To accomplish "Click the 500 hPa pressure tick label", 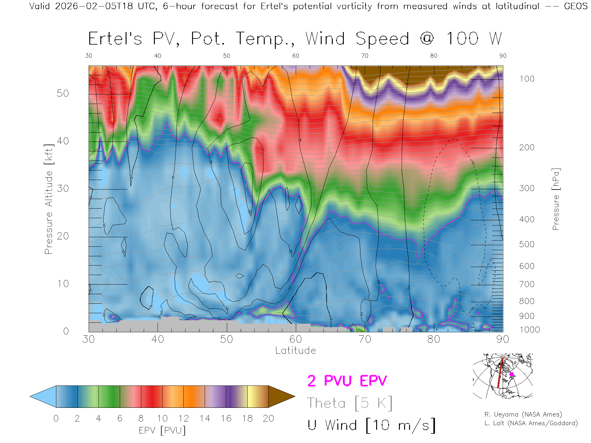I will [x=527, y=244].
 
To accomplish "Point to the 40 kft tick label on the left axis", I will [x=62, y=141].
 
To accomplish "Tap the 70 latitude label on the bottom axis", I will [x=364, y=339].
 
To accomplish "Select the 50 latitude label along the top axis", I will [x=227, y=56].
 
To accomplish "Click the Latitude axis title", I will [x=295, y=350].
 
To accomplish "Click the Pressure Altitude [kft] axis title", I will [x=49, y=199].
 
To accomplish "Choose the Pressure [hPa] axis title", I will [x=556, y=199].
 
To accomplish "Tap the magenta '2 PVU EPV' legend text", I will [x=347, y=381].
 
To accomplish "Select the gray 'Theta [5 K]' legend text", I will [x=350, y=403].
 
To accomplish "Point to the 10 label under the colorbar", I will [x=162, y=418].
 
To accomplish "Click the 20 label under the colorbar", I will [x=268, y=418].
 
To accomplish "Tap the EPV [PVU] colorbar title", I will [x=162, y=430].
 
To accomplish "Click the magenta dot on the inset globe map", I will [x=512, y=374].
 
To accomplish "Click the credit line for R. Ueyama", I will [x=523, y=414].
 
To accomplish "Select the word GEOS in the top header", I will [x=576, y=6].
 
